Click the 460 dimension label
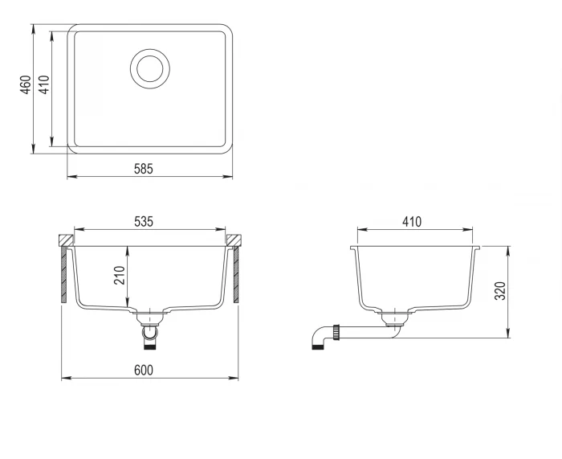tap(26, 84)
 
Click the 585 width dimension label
tap(144, 169)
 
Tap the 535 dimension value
tap(144, 222)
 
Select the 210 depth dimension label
tap(120, 275)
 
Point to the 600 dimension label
tap(144, 370)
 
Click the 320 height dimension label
tap(500, 291)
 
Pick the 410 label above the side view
tap(412, 222)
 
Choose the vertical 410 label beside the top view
tap(44, 84)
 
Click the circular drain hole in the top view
tap(150, 68)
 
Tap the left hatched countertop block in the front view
tap(66, 240)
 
